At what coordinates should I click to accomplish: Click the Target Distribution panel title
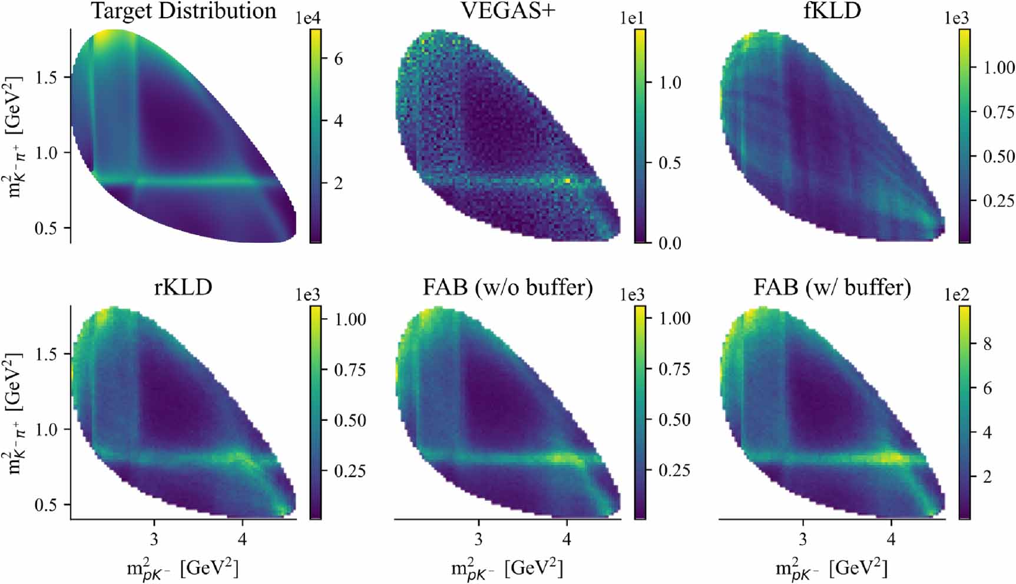pos(183,11)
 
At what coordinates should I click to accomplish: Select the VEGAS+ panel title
pos(507,11)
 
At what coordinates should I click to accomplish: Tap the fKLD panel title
pos(832,11)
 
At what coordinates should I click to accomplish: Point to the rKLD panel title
pos(183,287)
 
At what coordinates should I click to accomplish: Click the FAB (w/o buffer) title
pos(507,287)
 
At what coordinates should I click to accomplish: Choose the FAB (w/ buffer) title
pos(832,287)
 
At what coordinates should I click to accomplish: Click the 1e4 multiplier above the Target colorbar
pos(308,18)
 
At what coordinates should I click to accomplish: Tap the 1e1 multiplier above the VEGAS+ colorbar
pos(632,18)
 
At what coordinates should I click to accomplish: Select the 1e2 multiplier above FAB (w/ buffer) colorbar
pos(957,295)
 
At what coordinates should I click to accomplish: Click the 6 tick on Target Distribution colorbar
pos(338,59)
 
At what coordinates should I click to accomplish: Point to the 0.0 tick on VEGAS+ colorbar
pos(670,243)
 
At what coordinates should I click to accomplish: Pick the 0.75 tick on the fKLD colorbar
pos(998,112)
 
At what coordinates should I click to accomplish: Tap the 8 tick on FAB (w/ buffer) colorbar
pos(988,344)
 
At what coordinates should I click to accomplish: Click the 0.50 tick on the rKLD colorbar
pos(350,420)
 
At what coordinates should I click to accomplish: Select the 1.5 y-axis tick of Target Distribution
pos(47,77)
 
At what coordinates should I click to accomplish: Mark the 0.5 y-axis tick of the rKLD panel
pos(47,505)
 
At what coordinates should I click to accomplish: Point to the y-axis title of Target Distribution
pos(14,136)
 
